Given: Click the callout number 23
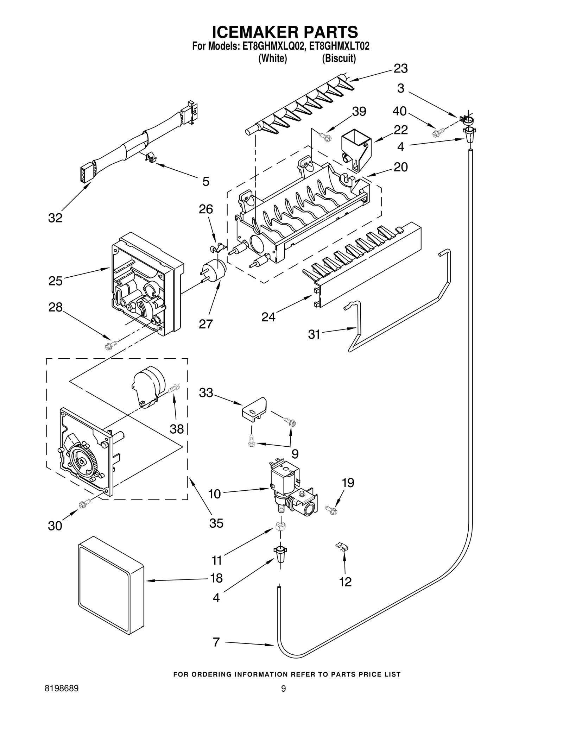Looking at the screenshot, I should coord(400,68).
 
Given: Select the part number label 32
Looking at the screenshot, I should coord(55,218).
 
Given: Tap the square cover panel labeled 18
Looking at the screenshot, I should coord(110,586).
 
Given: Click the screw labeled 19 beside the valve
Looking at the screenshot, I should coord(331,509).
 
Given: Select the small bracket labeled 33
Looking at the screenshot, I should coord(254,409).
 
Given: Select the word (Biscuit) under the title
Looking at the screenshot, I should coord(339,58).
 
